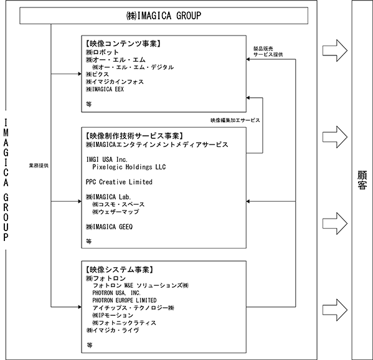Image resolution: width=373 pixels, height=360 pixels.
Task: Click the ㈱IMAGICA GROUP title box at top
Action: click(x=164, y=16)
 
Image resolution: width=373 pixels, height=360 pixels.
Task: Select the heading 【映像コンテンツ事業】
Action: click(x=123, y=44)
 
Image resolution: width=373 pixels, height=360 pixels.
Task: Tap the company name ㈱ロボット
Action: click(x=102, y=52)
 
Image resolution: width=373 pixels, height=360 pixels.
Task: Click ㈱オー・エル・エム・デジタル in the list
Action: click(x=133, y=67)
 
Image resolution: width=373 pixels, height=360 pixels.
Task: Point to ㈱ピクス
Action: click(x=97, y=75)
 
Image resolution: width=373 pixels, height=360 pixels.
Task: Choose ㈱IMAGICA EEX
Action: click(x=105, y=89)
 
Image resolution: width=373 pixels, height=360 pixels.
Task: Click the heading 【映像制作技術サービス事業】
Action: click(x=134, y=136)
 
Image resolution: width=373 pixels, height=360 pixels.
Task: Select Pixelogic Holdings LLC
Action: click(x=129, y=167)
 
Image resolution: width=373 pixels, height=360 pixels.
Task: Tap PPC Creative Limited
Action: click(x=119, y=182)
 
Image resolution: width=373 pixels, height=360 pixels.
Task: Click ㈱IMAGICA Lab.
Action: click(x=108, y=197)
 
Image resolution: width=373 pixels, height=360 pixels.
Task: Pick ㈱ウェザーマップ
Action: click(x=116, y=212)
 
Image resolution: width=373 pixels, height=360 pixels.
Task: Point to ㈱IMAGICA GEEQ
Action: click(x=109, y=227)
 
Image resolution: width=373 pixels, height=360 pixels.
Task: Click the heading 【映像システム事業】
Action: click(x=119, y=270)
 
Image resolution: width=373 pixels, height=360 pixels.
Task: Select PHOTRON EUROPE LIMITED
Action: click(x=125, y=300)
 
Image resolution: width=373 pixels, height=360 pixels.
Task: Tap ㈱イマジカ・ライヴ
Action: click(x=113, y=330)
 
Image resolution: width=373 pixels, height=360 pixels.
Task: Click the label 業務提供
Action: click(x=39, y=166)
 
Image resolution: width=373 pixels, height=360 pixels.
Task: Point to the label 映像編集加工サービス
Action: click(x=235, y=120)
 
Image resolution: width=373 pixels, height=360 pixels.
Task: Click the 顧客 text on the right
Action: click(x=362, y=180)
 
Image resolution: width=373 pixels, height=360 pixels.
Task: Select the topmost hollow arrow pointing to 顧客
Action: click(x=335, y=50)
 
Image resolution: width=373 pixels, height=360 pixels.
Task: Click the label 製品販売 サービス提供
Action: click(x=268, y=52)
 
